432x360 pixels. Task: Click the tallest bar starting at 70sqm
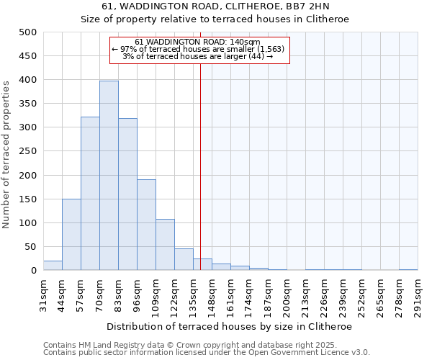[109, 176]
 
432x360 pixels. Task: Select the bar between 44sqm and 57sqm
[71, 235]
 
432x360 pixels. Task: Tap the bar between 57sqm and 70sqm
[90, 194]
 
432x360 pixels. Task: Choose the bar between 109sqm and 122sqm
[165, 245]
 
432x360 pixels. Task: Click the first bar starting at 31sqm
[53, 266]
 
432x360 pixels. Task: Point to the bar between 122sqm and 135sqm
[184, 259]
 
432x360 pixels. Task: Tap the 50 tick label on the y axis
[30, 247]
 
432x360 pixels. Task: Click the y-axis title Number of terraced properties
[6, 154]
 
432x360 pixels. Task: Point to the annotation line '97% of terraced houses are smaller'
[199, 49]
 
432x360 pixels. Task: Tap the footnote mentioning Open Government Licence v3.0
[207, 353]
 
